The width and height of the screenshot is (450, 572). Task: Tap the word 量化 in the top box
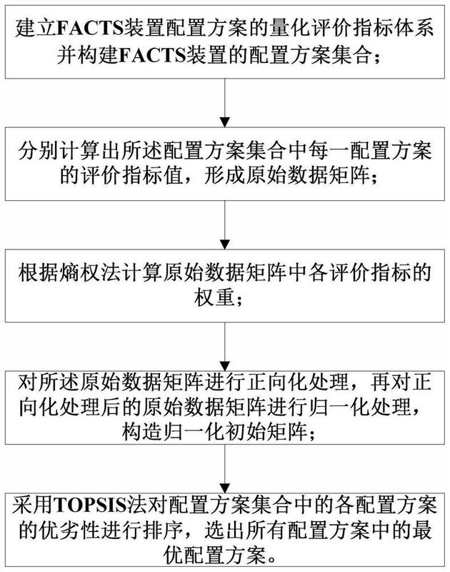point(290,29)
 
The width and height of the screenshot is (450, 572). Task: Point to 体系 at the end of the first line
point(414,29)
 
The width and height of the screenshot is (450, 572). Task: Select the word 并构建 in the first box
point(87,56)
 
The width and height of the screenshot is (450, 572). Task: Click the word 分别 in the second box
point(39,151)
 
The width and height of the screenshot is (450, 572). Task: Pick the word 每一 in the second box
point(329,151)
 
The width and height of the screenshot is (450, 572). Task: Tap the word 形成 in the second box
point(224,176)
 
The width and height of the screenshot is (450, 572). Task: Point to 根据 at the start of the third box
point(39,273)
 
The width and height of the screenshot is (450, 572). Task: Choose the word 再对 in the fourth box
point(391,383)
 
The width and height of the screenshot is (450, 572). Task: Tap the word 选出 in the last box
point(225,531)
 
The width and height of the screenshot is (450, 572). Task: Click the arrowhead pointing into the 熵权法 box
point(225,244)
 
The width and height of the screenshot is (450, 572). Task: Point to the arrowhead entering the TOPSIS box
point(225,488)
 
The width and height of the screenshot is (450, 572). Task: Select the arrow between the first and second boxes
point(225,102)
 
